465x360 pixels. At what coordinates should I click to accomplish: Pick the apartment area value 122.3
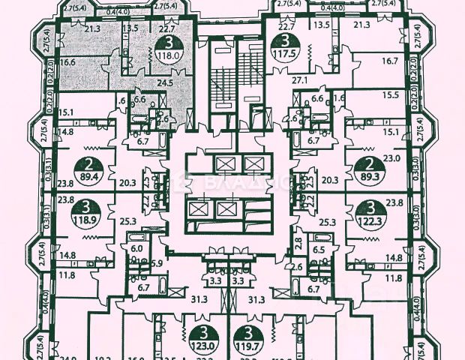point(367,223)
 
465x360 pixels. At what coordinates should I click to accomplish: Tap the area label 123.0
point(202,347)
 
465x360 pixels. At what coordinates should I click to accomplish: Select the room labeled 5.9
point(157,262)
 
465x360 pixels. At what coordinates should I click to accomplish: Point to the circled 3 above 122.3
point(367,209)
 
